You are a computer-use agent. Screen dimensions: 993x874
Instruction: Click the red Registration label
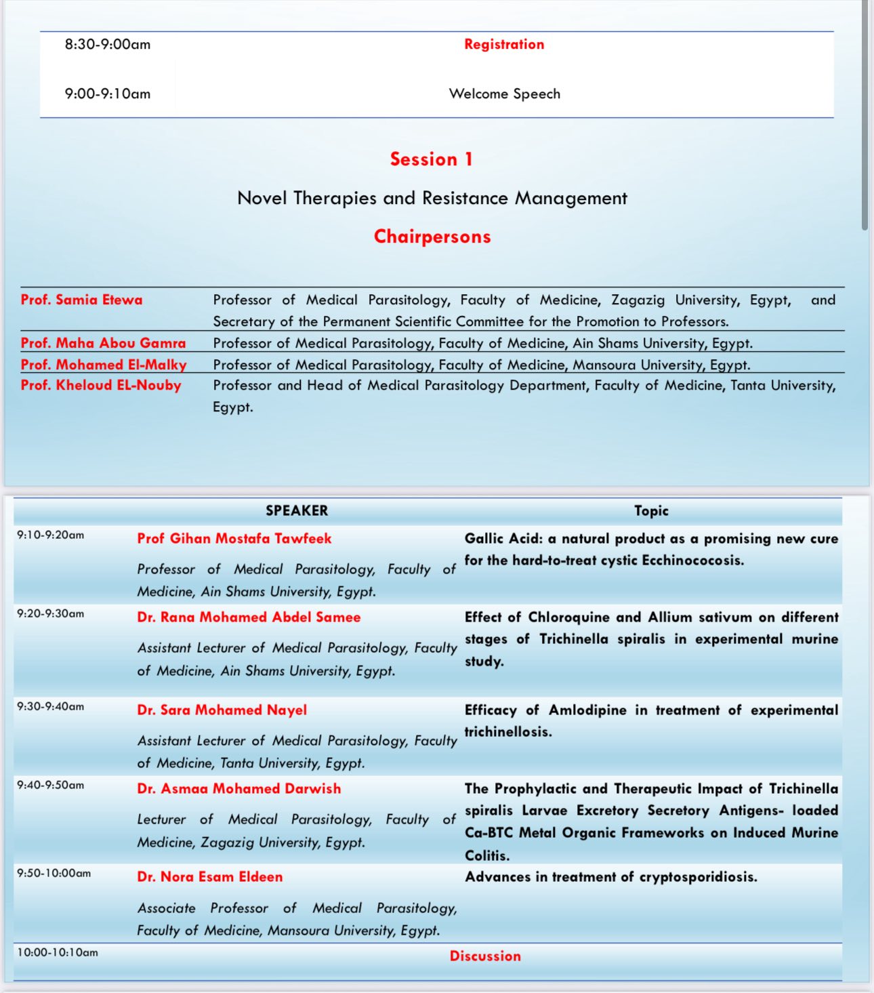[x=504, y=45]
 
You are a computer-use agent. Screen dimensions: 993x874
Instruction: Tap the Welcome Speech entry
[x=505, y=94]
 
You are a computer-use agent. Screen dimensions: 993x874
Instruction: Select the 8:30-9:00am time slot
[x=108, y=45]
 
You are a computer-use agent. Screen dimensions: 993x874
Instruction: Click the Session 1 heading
[x=432, y=159]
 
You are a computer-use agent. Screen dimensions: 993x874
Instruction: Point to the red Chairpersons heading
[x=432, y=237]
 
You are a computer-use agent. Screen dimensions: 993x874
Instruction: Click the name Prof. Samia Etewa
[x=82, y=300]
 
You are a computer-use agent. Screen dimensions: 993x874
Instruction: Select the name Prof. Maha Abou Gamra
[x=103, y=343]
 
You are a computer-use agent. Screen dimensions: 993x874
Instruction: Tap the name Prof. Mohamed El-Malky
[x=104, y=365]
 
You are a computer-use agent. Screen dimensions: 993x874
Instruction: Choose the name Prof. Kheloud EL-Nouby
[x=101, y=386]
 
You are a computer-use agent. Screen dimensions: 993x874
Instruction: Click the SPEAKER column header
[x=297, y=511]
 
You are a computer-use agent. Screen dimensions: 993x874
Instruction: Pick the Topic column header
[x=651, y=511]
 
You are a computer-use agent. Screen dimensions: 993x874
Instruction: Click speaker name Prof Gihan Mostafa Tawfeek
[x=234, y=539]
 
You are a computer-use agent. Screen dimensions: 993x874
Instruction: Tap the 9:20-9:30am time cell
[x=51, y=614]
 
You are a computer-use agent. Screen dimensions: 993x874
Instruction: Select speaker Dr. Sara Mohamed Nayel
[x=222, y=710]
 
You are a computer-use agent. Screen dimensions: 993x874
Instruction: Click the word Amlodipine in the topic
[x=587, y=710]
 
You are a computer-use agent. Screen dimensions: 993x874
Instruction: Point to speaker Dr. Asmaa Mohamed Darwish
[x=239, y=789]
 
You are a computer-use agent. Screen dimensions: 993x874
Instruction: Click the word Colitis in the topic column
[x=486, y=855]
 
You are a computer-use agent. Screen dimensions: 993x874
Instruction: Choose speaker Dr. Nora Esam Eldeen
[x=210, y=877]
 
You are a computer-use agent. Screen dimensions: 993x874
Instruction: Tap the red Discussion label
[x=485, y=956]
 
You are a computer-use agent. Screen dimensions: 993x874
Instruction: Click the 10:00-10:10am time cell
[x=58, y=953]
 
